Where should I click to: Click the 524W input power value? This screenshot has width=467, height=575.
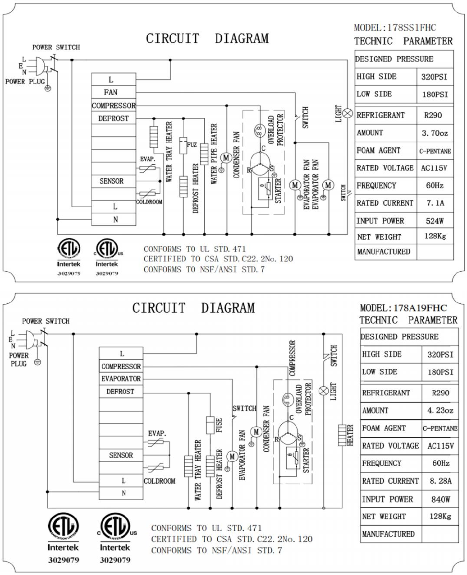[435, 221]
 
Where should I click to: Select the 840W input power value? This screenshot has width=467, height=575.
[440, 499]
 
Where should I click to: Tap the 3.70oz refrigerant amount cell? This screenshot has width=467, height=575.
[435, 133]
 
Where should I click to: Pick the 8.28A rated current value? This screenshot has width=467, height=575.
[440, 481]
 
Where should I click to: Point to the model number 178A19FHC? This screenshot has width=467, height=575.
[420, 308]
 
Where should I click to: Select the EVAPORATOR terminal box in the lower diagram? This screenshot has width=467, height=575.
[121, 379]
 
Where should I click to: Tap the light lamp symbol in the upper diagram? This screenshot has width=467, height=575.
[348, 113]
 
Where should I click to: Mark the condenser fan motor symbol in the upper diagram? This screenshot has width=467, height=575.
[226, 158]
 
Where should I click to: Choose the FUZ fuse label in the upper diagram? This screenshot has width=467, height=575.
[192, 145]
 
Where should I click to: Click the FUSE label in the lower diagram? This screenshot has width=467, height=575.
[219, 425]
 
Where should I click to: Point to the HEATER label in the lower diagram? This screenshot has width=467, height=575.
[350, 435]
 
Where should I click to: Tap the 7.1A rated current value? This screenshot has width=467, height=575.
[435, 203]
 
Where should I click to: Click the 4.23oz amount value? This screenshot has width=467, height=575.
[440, 411]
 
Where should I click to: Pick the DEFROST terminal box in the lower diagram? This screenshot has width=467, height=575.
[121, 391]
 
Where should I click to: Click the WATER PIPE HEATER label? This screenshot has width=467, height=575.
[214, 153]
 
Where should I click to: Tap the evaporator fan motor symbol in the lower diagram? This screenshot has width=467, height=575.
[232, 456]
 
